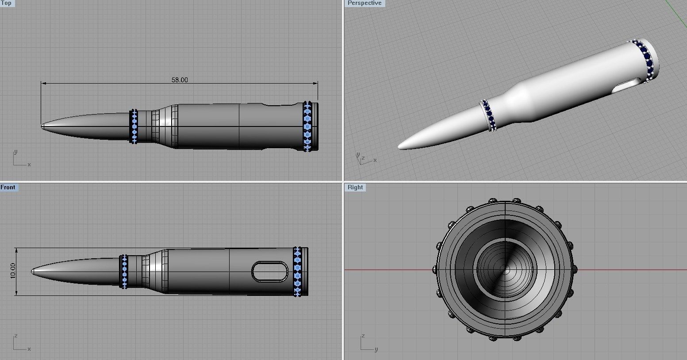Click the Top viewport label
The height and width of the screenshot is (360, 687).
(x=7, y=3)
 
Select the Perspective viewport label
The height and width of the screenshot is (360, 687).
(x=364, y=3)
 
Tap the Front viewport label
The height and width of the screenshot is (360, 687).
(x=8, y=187)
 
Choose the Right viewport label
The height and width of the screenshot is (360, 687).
(x=355, y=187)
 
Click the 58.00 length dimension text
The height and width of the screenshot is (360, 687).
(x=180, y=80)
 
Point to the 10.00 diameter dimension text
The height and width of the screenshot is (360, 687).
(x=12, y=271)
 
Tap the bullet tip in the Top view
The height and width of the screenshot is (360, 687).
(x=43, y=126)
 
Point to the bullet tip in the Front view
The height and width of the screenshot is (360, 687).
(x=33, y=271)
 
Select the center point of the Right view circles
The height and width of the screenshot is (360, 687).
(x=505, y=269)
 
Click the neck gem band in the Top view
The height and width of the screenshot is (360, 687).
(x=134, y=126)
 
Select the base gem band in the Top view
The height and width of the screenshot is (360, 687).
(x=307, y=126)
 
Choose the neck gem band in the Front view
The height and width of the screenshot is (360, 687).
(x=124, y=271)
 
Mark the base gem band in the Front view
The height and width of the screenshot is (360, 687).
(x=297, y=271)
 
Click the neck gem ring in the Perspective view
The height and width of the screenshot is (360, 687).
(x=488, y=115)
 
